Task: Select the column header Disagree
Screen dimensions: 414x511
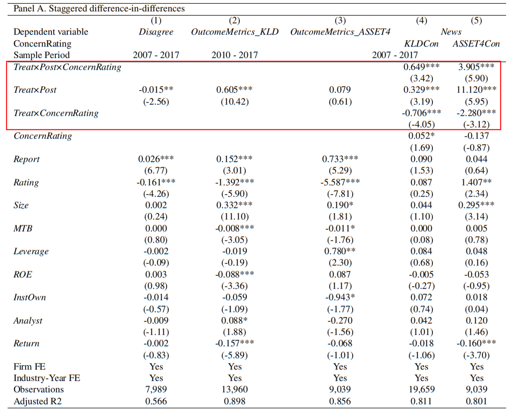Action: click(156, 32)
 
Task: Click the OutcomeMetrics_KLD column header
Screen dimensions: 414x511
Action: click(234, 32)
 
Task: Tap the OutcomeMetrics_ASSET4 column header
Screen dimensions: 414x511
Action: click(340, 32)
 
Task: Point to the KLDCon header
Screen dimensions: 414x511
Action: click(421, 43)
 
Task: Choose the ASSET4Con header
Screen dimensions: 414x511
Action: click(476, 43)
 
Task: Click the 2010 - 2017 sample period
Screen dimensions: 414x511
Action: click(234, 55)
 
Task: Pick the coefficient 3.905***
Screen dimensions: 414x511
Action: click(476, 67)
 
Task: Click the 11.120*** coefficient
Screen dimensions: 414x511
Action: click(476, 90)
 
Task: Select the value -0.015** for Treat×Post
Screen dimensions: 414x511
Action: click(156, 90)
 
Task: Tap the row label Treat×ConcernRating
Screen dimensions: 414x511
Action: click(56, 113)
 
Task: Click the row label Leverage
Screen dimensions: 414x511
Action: click(31, 251)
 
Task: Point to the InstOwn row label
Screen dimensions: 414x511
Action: click(30, 297)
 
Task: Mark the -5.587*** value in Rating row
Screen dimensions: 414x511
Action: click(340, 182)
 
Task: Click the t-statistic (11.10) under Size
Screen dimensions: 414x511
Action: click(234, 217)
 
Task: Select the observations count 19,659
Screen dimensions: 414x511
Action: click(421, 390)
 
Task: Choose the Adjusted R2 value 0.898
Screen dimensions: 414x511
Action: click(234, 401)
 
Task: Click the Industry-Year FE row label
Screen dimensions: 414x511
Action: click(47, 378)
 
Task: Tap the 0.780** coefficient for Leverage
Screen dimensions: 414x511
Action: click(340, 251)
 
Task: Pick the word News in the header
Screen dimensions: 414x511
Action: click(451, 32)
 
